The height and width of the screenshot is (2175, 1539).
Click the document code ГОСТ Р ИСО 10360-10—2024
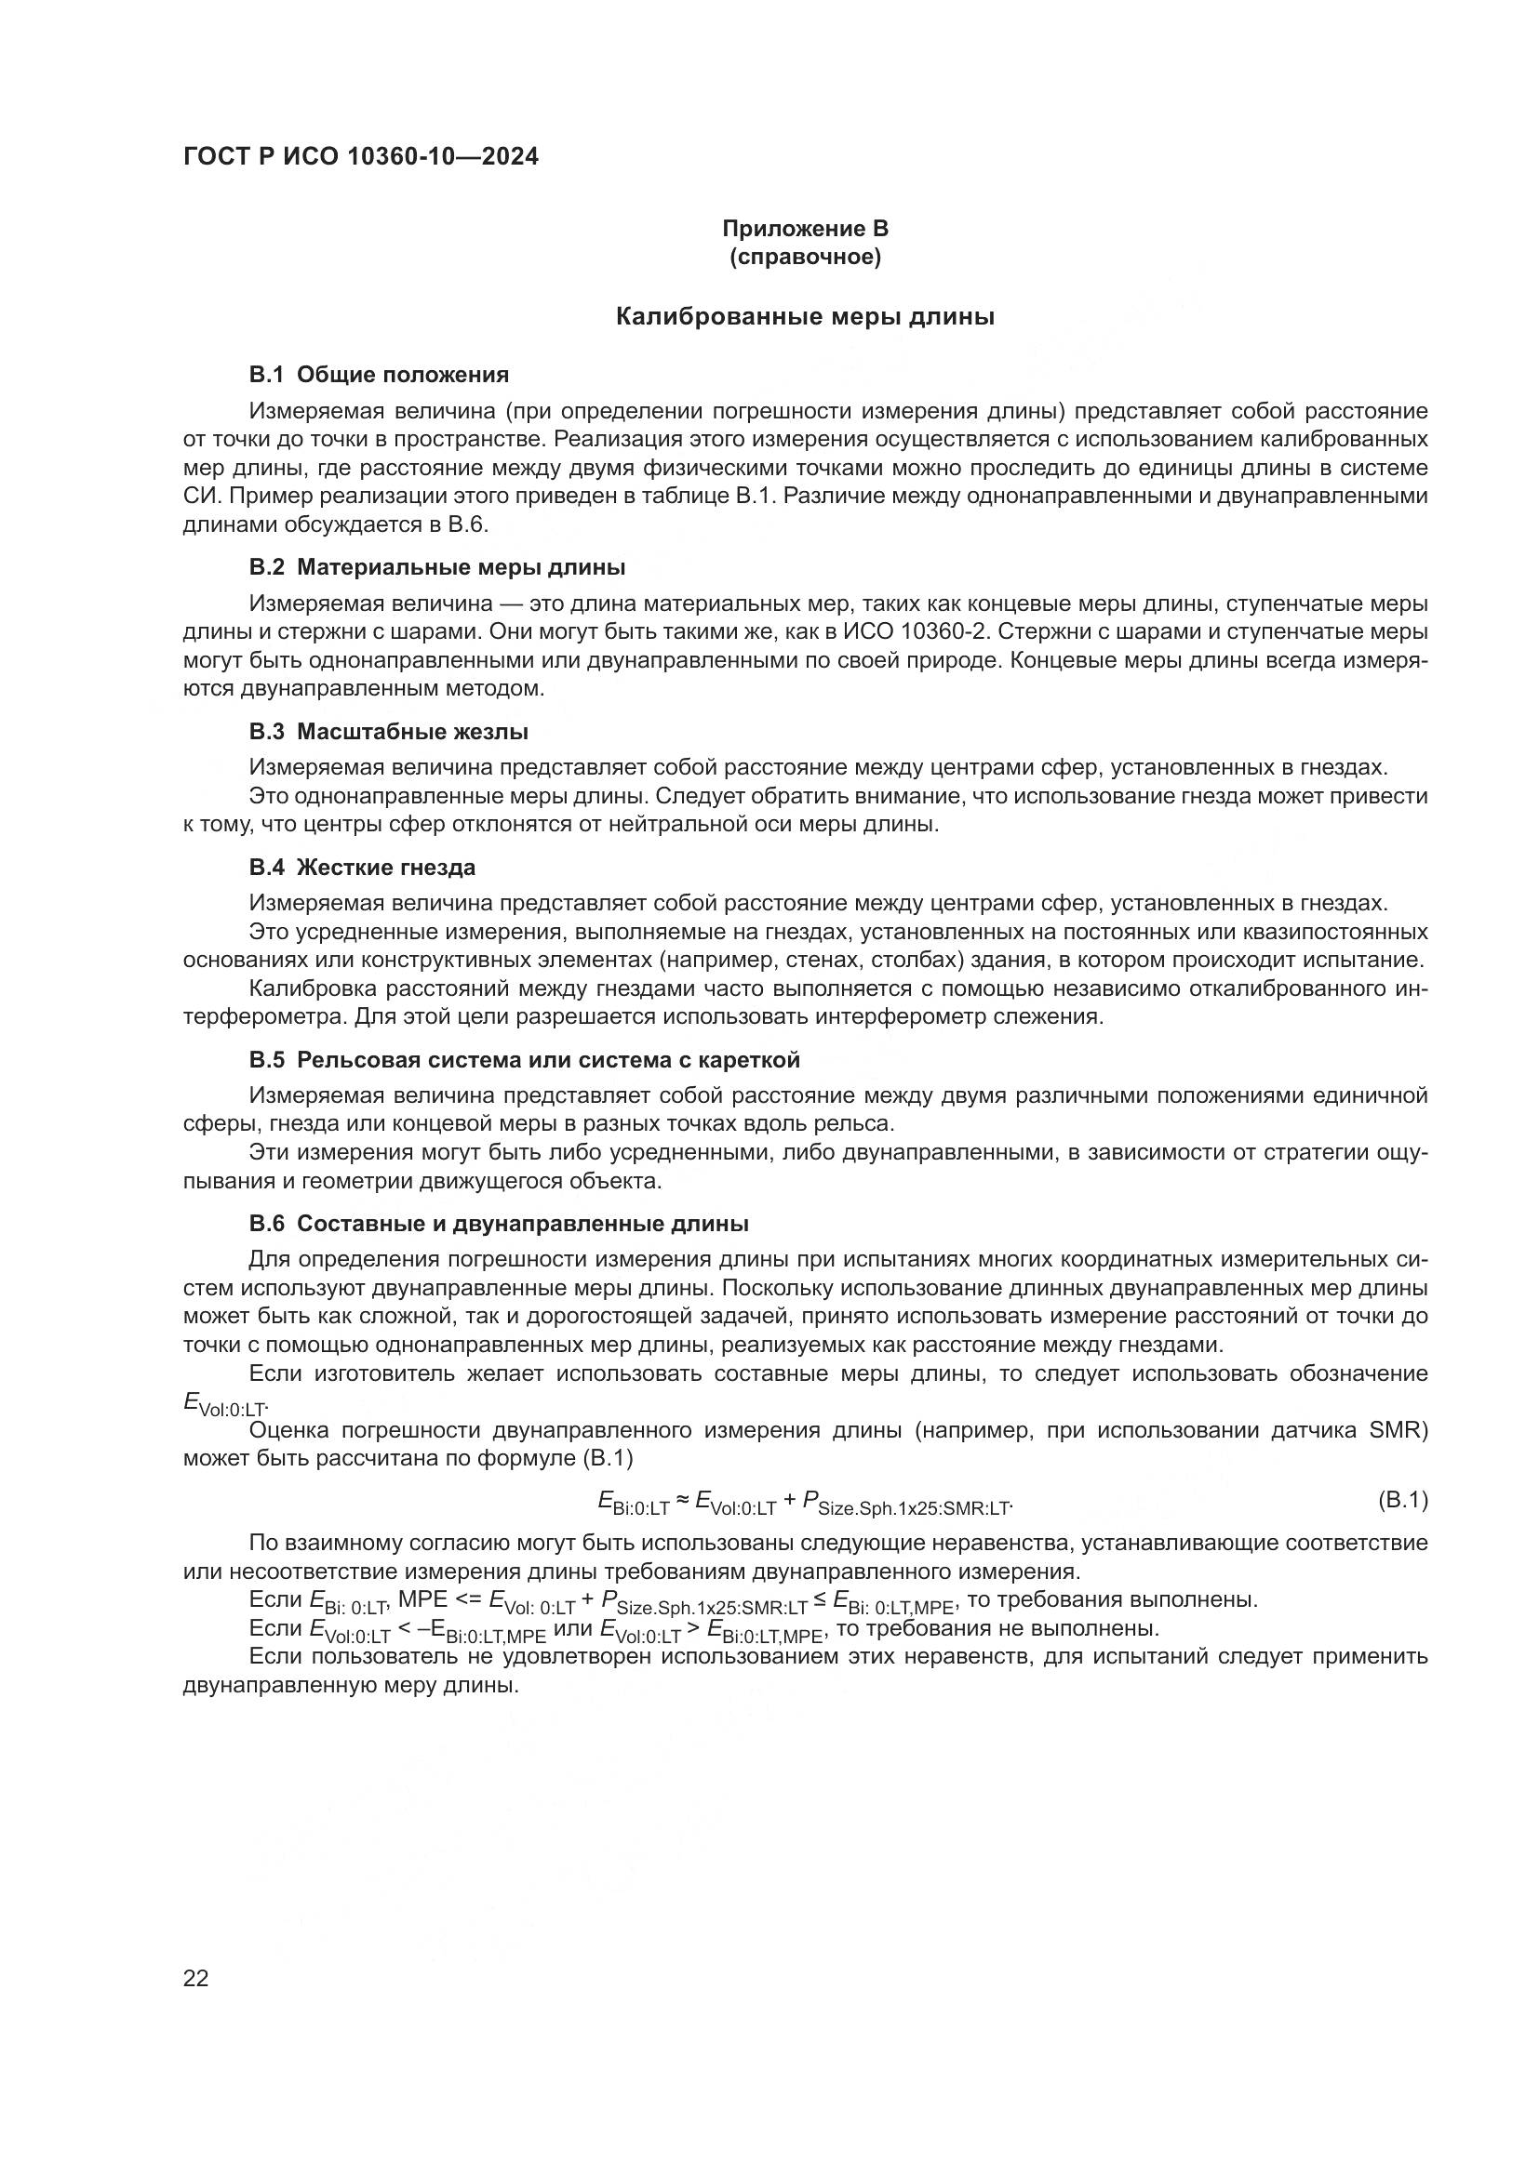coord(360,156)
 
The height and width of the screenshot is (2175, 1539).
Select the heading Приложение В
coord(805,229)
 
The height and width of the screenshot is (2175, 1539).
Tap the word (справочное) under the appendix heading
coord(805,257)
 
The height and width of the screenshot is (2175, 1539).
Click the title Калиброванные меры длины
coord(805,317)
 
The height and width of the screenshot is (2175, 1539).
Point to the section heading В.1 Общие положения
coord(379,375)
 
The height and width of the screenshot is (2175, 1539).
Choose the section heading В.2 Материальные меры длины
coord(437,567)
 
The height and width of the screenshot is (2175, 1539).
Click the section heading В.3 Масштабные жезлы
coord(389,731)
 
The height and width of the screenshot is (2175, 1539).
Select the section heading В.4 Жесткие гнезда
coord(362,868)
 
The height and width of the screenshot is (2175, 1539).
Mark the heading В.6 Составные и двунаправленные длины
coord(499,1224)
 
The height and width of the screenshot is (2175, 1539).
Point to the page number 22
coord(195,1978)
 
